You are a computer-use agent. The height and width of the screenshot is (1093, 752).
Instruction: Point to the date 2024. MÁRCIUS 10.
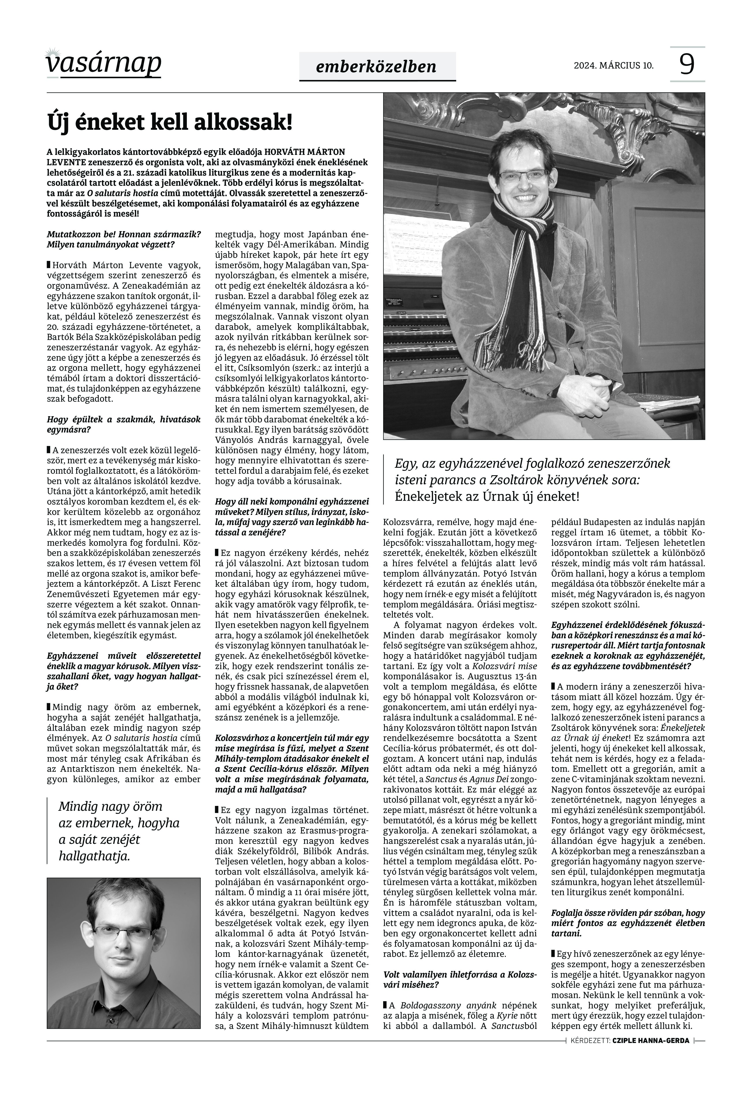613,65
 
